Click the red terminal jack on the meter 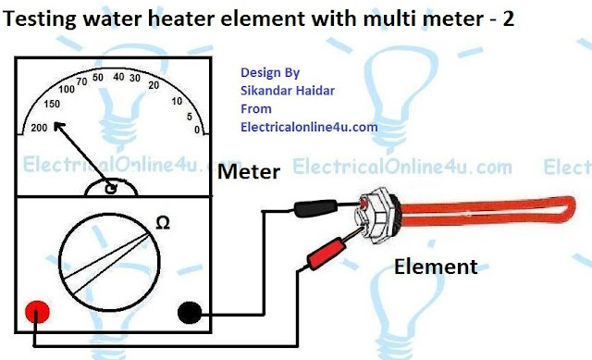(36, 310)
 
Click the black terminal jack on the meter (193, 310)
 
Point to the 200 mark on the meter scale (39, 127)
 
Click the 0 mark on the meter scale (196, 131)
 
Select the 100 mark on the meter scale (69, 90)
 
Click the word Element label (435, 268)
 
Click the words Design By (268, 70)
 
